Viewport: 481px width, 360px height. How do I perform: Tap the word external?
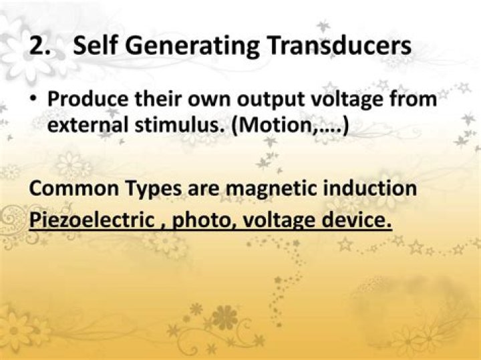click(88, 125)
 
